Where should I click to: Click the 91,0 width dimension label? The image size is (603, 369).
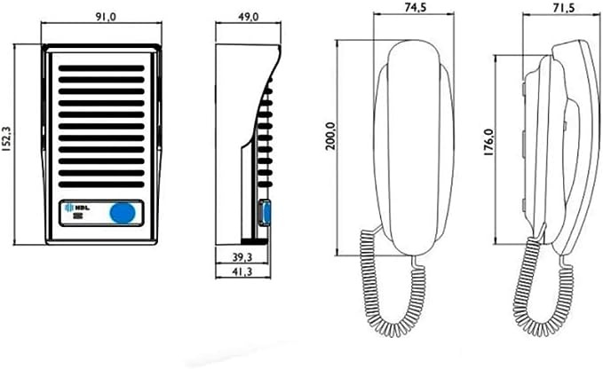(x=105, y=17)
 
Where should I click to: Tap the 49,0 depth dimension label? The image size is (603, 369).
(x=248, y=17)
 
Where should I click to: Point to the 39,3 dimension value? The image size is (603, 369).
(x=242, y=257)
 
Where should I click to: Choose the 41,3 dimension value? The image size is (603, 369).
(x=242, y=271)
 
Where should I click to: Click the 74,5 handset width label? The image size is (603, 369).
(x=417, y=7)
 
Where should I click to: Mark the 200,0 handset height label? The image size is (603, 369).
(x=331, y=137)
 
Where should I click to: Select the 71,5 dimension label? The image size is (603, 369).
(x=564, y=7)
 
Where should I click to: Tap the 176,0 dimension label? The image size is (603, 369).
(x=488, y=142)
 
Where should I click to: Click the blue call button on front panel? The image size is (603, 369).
(x=123, y=213)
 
